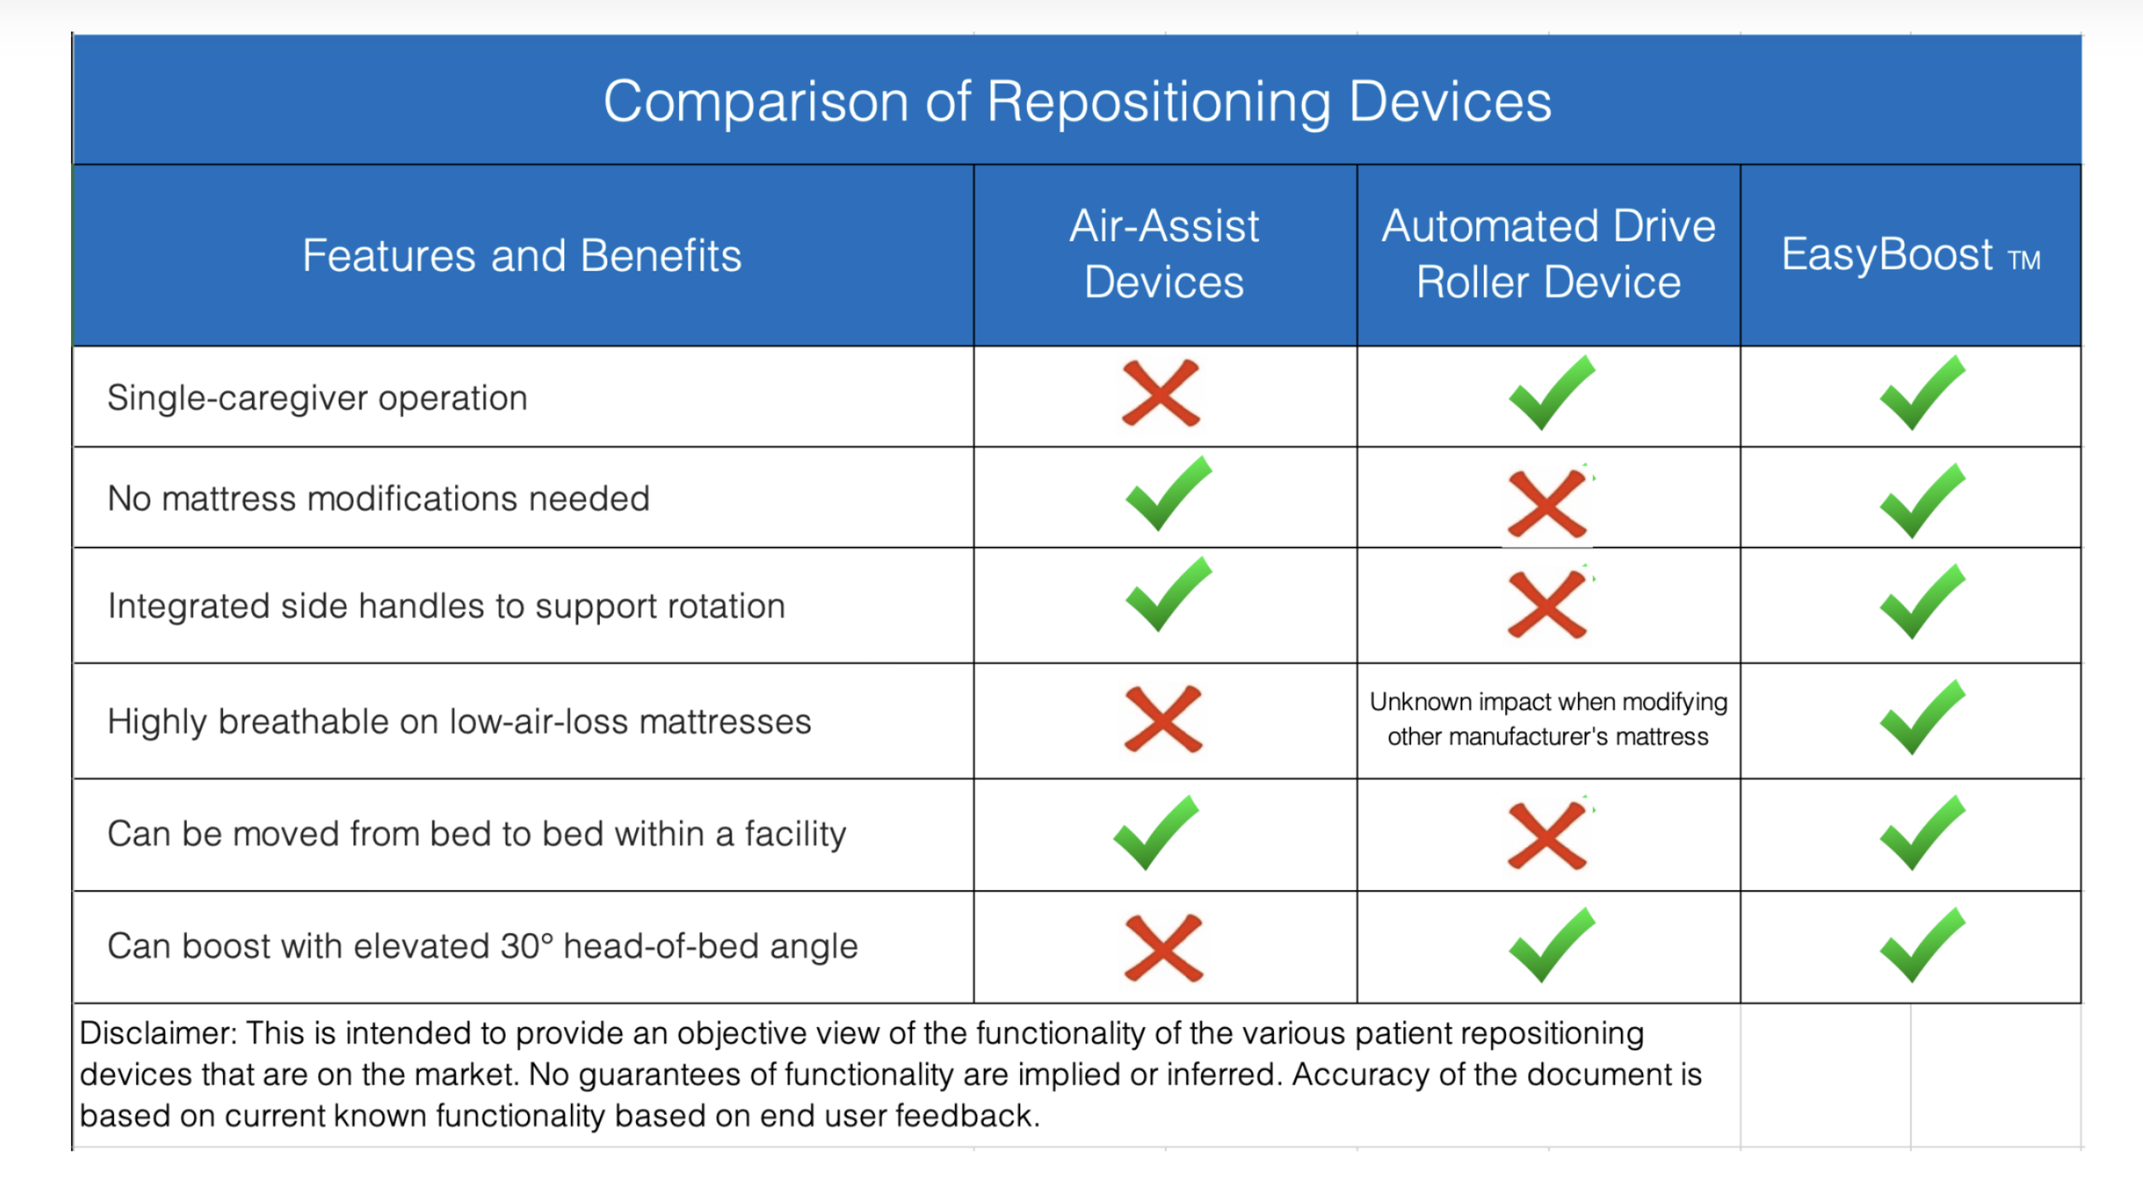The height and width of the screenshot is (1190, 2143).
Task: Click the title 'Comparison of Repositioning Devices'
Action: click(x=1077, y=101)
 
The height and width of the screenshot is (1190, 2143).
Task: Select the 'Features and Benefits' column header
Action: click(x=521, y=255)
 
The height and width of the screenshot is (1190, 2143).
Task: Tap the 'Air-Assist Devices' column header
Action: click(x=1163, y=254)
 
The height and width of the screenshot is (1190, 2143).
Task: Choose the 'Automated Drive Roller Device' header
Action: click(x=1547, y=254)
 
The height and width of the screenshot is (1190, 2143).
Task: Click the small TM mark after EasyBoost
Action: click(x=2024, y=260)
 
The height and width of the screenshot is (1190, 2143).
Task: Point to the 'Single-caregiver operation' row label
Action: click(x=317, y=398)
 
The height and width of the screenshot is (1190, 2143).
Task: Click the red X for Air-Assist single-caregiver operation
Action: click(x=1161, y=394)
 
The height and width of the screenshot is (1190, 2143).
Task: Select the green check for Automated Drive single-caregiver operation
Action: click(x=1551, y=394)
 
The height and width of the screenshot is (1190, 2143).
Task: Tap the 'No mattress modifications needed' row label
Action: click(x=378, y=498)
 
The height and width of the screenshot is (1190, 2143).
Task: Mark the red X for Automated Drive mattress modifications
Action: click(x=1546, y=503)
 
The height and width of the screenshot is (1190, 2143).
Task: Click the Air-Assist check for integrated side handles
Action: click(x=1168, y=594)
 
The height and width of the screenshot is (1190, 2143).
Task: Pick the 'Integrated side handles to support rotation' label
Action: click(x=446, y=606)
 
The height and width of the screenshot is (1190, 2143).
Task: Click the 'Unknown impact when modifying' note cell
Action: click(x=1547, y=718)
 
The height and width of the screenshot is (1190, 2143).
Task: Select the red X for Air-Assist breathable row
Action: click(x=1162, y=719)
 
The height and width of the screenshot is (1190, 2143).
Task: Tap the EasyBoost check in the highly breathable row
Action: click(x=1922, y=718)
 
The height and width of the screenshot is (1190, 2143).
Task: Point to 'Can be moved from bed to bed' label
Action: click(x=476, y=833)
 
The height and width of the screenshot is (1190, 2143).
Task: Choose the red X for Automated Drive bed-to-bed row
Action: click(x=1546, y=835)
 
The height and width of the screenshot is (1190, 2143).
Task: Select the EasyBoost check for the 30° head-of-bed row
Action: click(x=1922, y=945)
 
